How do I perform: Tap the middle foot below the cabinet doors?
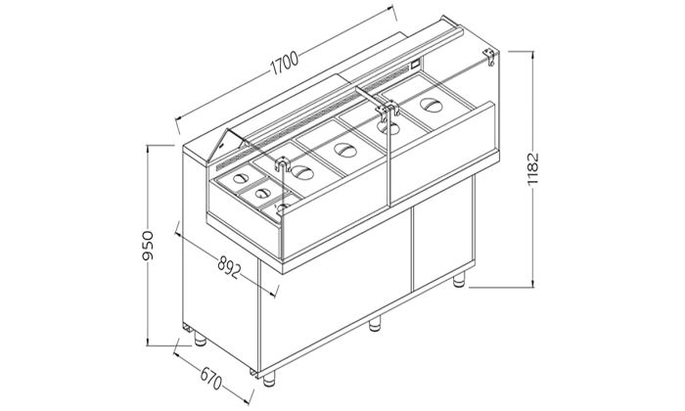pos(374,324)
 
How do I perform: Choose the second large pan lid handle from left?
pos(344,150)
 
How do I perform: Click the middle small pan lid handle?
pos(261,193)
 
